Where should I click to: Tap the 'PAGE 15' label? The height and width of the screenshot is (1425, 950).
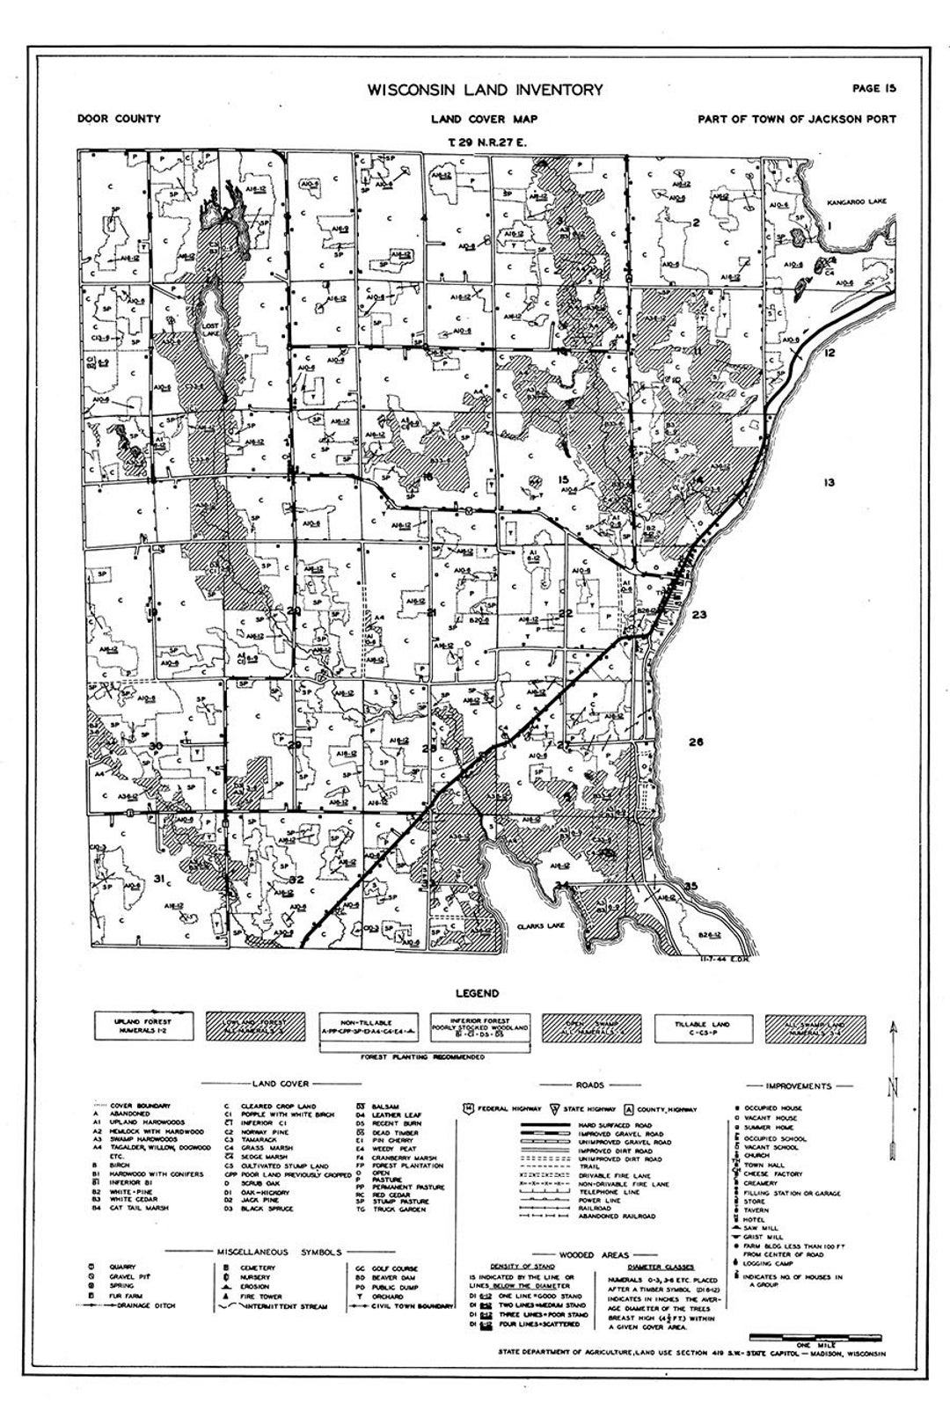click(x=873, y=87)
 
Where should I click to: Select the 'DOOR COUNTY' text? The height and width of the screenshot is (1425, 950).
click(x=119, y=119)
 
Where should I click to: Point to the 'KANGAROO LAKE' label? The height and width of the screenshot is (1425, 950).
click(x=858, y=202)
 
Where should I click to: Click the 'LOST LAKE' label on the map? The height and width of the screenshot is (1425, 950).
click(x=208, y=329)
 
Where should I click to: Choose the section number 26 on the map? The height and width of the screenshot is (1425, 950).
click(x=696, y=742)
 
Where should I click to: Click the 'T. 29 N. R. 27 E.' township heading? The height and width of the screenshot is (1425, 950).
click(x=485, y=141)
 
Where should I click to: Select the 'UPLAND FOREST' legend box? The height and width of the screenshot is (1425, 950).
click(x=145, y=1024)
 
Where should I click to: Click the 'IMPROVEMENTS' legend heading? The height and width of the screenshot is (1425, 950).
click(x=799, y=1086)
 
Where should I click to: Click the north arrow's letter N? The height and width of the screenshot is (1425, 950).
click(x=893, y=1089)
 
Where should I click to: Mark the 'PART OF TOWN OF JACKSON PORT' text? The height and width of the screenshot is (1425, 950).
click(x=796, y=119)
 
